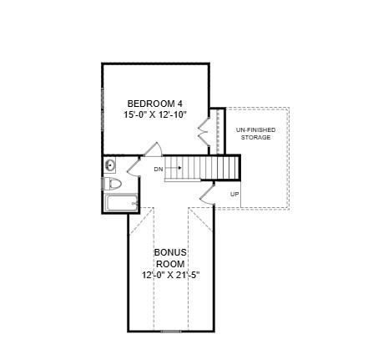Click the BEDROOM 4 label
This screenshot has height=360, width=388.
click(x=154, y=104)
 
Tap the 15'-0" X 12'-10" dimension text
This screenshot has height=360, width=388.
click(x=154, y=116)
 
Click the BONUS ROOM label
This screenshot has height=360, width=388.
click(x=170, y=257)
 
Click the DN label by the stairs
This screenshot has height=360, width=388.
click(x=159, y=170)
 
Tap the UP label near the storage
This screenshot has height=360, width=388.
click(x=234, y=194)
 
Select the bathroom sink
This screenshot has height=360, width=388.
click(x=110, y=165)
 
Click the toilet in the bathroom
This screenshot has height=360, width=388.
click(x=113, y=183)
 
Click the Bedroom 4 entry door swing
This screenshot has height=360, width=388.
click(x=152, y=150)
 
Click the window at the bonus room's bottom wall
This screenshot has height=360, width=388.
click(x=170, y=332)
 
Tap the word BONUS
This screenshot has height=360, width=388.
click(x=170, y=251)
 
